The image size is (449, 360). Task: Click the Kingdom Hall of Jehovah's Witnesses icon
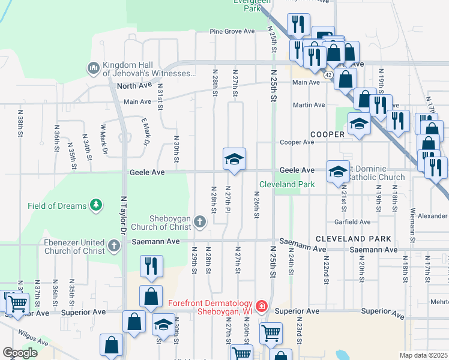pos(93,68)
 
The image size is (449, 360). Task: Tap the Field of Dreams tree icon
pos(95,206)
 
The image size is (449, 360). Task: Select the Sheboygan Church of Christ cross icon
pos(200,223)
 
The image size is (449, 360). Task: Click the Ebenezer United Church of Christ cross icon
pos(115,245)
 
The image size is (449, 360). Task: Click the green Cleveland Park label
pos(286,184)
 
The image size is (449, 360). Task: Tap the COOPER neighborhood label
pos(327,134)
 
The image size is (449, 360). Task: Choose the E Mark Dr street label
pos(144,132)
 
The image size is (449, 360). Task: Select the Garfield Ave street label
pos(352,222)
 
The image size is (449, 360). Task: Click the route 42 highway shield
pos(328,75)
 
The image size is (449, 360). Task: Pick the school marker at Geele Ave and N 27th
pos(234,159)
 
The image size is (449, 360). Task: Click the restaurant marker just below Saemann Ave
pos(151,266)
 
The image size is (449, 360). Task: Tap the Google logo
pos(20,352)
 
